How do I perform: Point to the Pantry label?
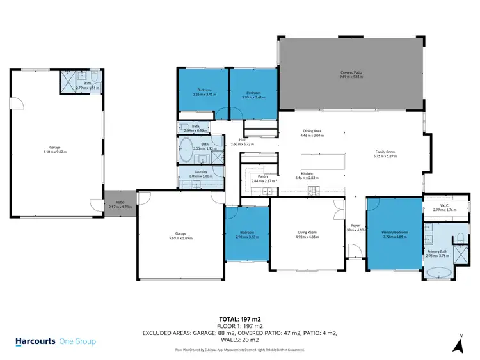262,176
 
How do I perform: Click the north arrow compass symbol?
459,345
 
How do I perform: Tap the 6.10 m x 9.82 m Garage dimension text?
55,152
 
